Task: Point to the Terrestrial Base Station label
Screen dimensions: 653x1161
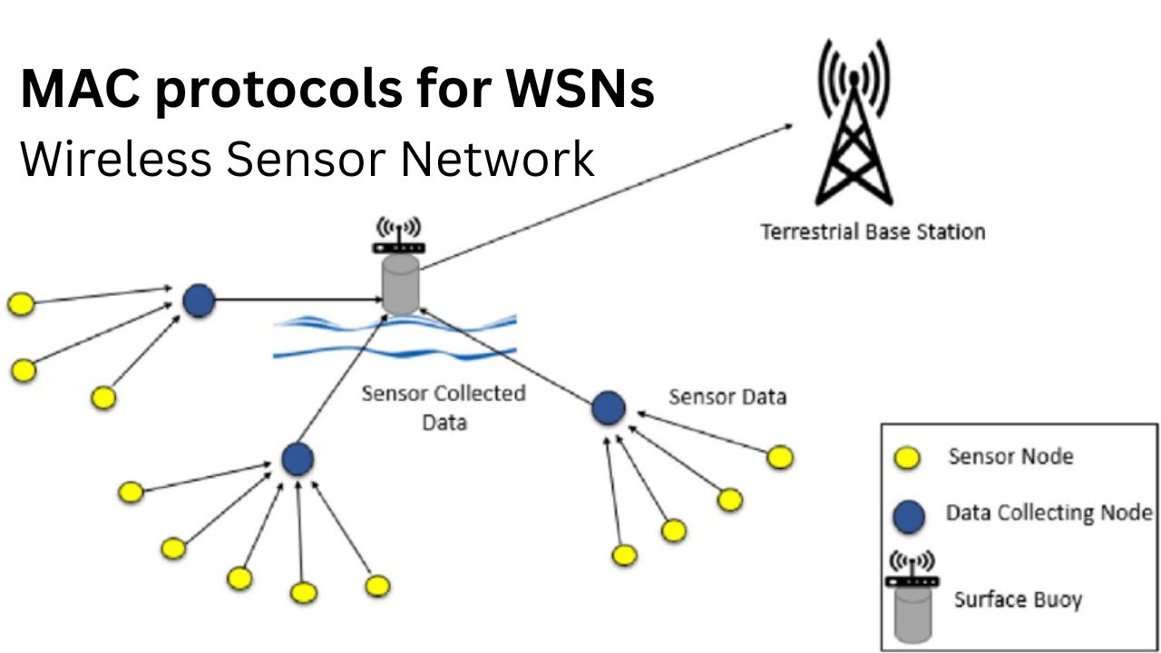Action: click(872, 232)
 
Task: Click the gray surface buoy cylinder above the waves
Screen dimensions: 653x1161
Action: click(400, 285)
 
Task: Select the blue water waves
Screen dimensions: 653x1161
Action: click(395, 337)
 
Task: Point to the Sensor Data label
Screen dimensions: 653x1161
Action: click(727, 396)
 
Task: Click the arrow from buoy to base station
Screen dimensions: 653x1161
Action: click(608, 196)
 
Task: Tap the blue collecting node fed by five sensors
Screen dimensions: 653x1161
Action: click(297, 459)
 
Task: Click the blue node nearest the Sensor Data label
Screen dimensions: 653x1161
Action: click(608, 407)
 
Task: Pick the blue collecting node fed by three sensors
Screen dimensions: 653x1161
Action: click(198, 300)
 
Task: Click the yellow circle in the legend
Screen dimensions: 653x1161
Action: click(907, 459)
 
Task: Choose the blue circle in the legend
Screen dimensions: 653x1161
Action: click(909, 517)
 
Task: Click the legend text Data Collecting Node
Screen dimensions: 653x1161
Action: click(1049, 512)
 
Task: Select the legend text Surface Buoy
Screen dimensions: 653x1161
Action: click(1017, 599)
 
